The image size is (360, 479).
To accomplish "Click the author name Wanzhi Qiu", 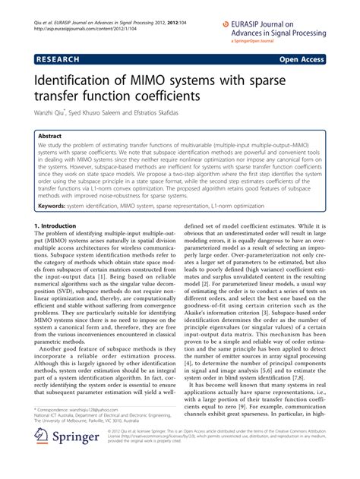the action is click(x=50, y=115).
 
